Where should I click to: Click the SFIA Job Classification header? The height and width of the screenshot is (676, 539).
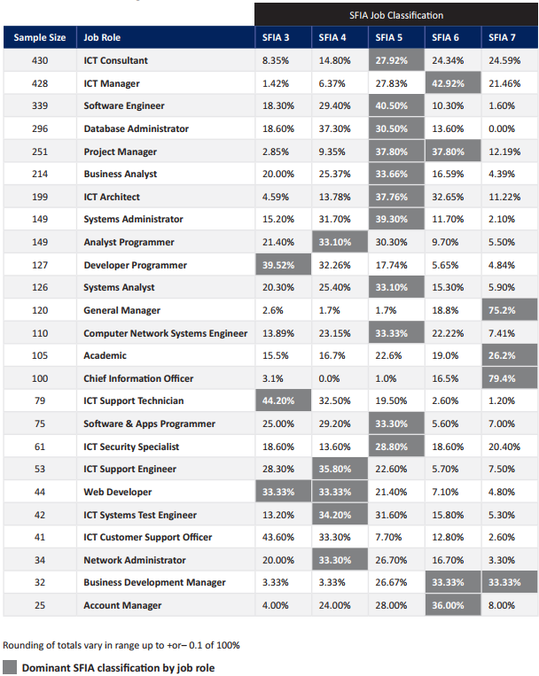[395, 15]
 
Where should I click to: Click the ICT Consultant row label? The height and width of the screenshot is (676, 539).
[116, 61]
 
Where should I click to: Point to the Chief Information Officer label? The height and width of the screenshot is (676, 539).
[138, 378]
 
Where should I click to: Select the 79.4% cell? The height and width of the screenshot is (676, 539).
[502, 378]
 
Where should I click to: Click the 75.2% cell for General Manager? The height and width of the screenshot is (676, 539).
[502, 310]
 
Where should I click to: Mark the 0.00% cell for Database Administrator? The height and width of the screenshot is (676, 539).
[502, 128]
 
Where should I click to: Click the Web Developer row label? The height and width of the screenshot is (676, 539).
[118, 492]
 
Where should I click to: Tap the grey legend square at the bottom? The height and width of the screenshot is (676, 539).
[10, 668]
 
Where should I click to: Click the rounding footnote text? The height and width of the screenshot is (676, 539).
[121, 645]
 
